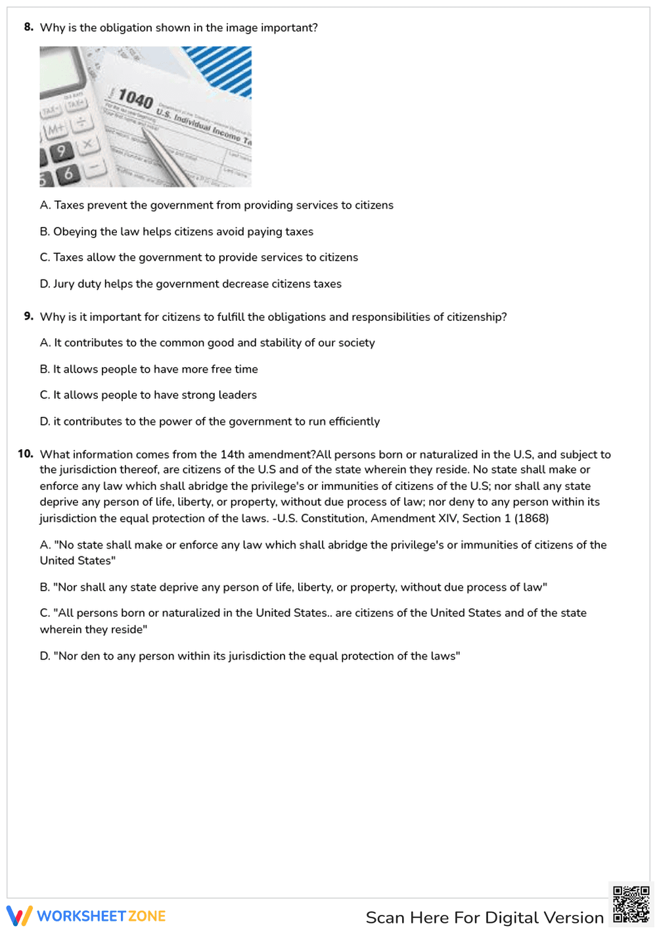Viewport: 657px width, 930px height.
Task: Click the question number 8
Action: pos(28,27)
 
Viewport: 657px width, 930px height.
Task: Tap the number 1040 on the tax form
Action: pos(136,99)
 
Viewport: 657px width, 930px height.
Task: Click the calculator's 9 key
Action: pos(60,151)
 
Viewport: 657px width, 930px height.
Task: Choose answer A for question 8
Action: pos(216,205)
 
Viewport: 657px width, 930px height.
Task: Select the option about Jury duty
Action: pos(191,284)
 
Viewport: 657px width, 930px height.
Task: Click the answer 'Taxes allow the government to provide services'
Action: pos(198,258)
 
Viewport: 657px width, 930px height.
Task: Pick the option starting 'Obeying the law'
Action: pos(176,232)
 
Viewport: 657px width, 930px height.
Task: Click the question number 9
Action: pos(28,316)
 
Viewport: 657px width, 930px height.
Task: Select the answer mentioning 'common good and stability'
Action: pos(207,343)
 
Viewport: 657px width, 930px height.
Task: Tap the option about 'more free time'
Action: pos(148,369)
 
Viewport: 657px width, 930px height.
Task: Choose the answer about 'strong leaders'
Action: pos(148,395)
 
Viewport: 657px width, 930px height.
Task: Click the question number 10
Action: pos(26,454)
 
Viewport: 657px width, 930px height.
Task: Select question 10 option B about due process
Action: pos(293,587)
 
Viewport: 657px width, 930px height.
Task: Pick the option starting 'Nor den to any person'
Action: pos(250,656)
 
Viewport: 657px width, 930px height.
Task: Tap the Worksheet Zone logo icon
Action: pos(20,916)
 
